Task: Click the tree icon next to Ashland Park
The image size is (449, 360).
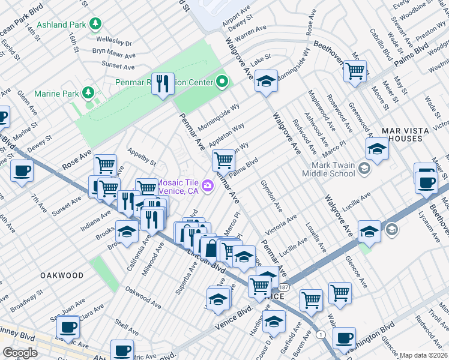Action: click(95, 24)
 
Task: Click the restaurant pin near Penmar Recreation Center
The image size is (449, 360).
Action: click(162, 83)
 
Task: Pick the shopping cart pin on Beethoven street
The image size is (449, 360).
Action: click(355, 70)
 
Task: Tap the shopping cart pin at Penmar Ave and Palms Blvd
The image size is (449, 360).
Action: click(223, 160)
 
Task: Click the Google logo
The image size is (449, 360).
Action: click(20, 353)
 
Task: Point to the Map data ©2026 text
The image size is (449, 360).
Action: click(423, 355)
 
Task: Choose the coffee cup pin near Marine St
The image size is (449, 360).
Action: click(22, 171)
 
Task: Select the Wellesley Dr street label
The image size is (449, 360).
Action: click(112, 43)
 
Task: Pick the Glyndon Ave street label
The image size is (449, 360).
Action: click(271, 196)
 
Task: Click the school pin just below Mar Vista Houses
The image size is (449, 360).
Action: click(377, 150)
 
